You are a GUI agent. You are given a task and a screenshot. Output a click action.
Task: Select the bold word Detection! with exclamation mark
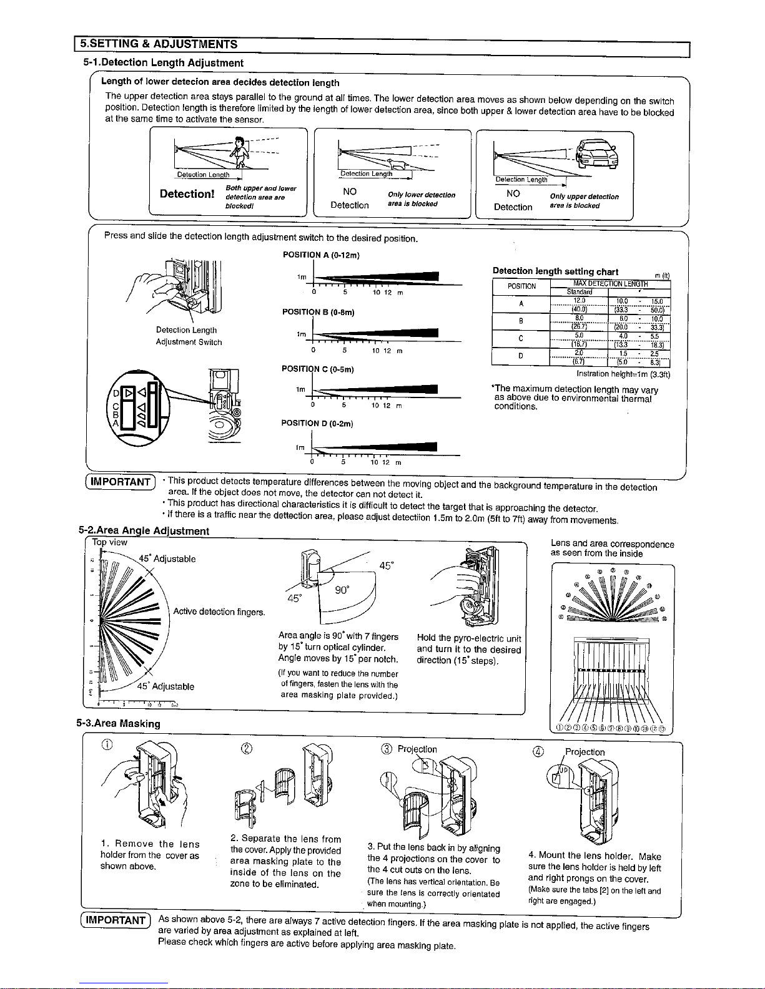click(188, 194)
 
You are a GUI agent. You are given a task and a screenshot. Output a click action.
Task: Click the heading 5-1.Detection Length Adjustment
click(163, 63)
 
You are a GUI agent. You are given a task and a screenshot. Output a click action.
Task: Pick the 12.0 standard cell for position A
click(578, 300)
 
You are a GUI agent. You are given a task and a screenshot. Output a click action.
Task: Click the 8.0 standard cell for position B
click(578, 317)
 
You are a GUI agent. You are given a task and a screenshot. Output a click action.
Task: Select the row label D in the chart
click(521, 356)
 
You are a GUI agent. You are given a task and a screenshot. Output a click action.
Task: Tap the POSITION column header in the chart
click(521, 286)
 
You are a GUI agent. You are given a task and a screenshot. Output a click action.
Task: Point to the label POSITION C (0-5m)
click(318, 369)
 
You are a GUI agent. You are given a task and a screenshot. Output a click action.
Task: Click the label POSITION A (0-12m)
click(322, 255)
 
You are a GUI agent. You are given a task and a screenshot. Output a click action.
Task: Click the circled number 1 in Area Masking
click(107, 744)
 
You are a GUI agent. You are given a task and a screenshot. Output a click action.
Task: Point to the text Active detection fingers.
click(219, 611)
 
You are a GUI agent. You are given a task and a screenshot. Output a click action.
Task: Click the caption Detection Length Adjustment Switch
click(189, 336)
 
